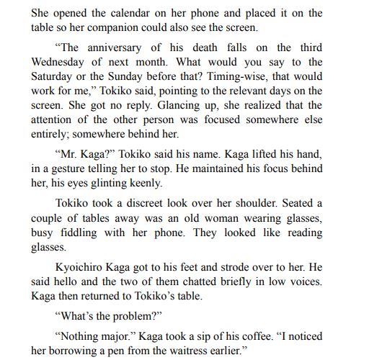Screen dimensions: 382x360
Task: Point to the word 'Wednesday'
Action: (x=65, y=63)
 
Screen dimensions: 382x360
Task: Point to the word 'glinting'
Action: (x=125, y=183)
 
